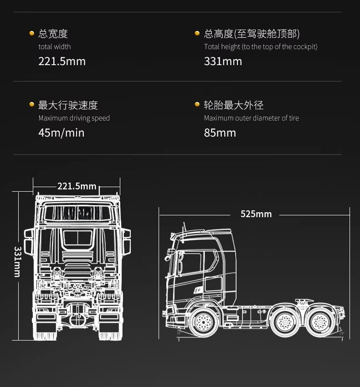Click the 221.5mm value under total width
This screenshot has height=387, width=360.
62,61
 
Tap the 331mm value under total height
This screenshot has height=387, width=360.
223,61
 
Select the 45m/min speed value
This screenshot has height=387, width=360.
62,133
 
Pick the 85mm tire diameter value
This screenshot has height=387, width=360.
220,133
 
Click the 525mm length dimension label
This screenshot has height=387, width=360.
256,214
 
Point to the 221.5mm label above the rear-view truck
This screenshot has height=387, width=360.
77,186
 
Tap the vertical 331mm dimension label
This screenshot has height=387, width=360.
18,262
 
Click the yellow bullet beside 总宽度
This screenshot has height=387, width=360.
31,33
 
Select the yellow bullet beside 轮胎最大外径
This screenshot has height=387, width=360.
197,104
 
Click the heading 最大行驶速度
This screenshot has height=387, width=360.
68,105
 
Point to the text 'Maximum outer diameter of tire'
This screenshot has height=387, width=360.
251,118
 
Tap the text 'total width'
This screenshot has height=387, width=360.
55,46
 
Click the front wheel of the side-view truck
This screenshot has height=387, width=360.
203,322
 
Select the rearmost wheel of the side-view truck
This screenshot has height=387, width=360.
320,322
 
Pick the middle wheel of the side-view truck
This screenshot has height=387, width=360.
285,322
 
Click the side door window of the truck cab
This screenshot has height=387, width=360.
191,263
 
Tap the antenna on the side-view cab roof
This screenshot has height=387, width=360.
184,232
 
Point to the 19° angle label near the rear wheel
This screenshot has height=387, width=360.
342,333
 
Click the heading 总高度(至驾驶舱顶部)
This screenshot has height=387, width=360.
252,34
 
